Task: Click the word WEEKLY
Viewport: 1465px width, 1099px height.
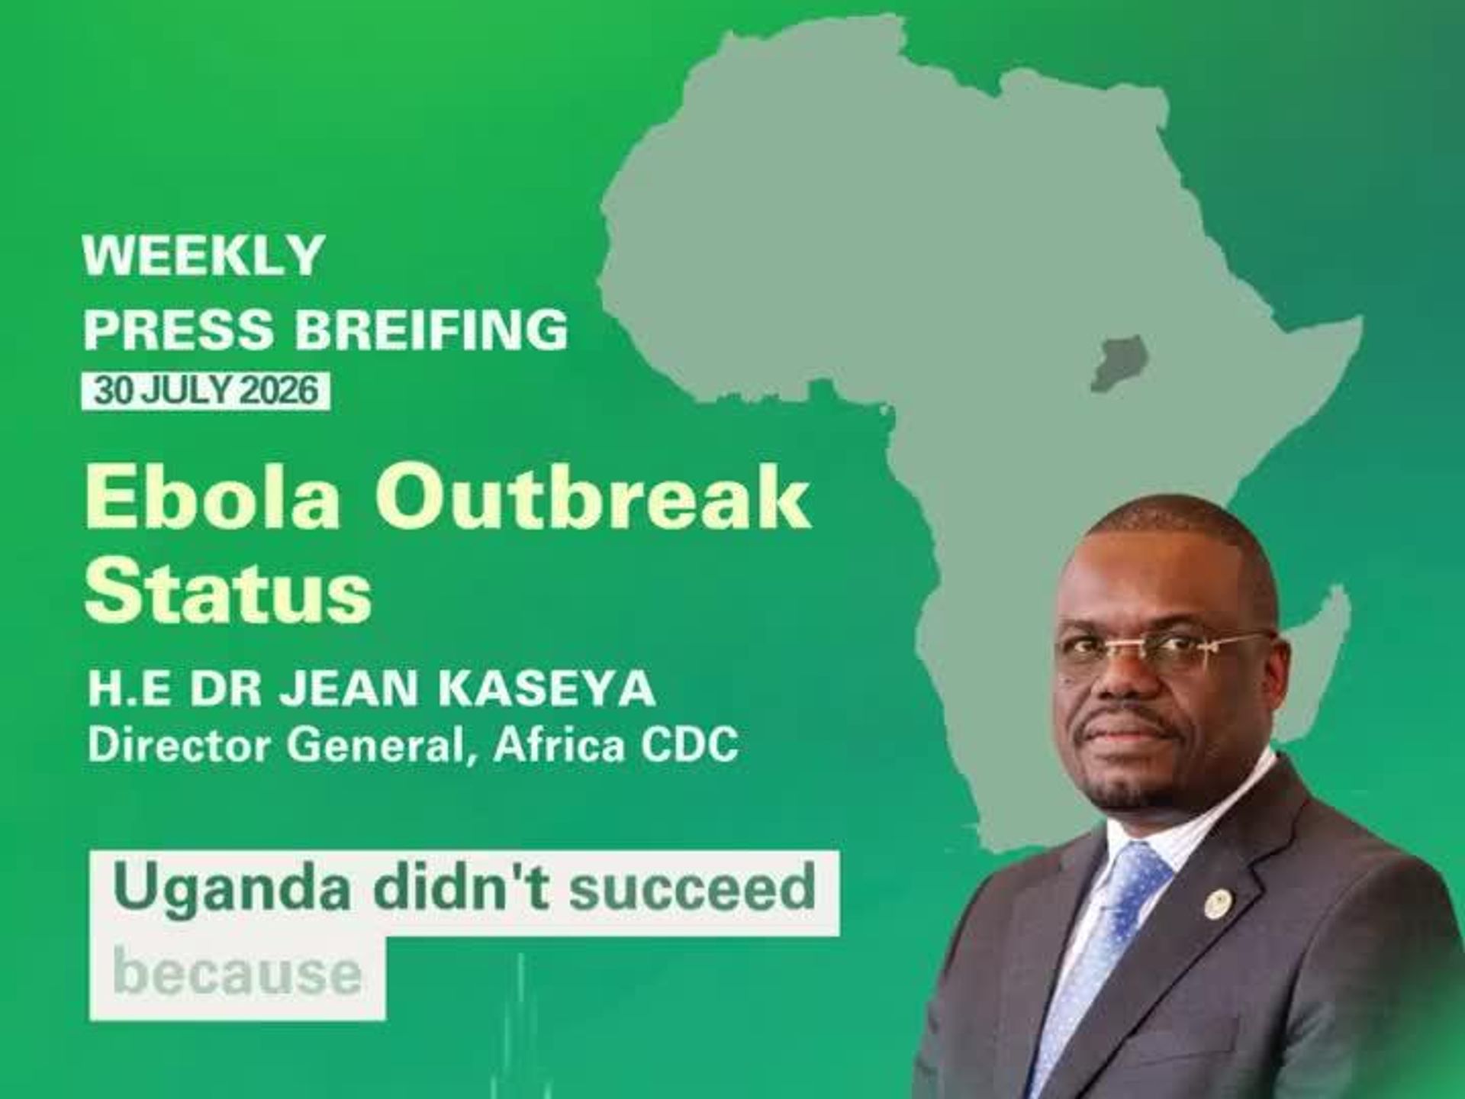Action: click(204, 256)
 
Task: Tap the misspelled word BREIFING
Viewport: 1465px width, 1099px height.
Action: click(431, 330)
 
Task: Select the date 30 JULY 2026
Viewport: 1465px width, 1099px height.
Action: click(206, 391)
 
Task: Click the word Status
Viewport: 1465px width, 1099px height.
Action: click(228, 594)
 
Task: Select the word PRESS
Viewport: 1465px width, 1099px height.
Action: click(179, 330)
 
